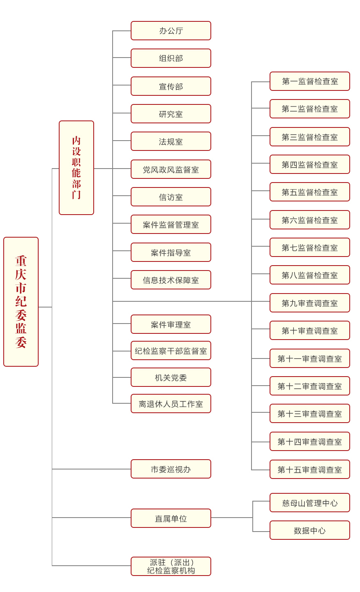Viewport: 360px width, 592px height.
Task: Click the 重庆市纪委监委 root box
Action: tap(21, 302)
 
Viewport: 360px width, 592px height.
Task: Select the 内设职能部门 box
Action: tap(76, 168)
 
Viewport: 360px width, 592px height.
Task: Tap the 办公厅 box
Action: tap(171, 31)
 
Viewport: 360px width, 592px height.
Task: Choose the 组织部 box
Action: tap(171, 58)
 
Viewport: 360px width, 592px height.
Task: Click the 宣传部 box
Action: tap(171, 86)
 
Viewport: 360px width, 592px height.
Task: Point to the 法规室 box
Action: tap(171, 141)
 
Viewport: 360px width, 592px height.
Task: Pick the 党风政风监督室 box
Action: tap(171, 169)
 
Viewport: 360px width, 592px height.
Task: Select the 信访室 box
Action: tap(171, 197)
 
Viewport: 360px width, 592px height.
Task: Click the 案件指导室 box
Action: tap(171, 252)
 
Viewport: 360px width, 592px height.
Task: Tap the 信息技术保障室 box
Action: tap(171, 280)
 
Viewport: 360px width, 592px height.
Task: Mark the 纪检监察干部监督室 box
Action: tap(171, 351)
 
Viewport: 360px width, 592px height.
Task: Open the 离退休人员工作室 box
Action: tap(171, 404)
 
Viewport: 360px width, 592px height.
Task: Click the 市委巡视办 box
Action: tap(171, 469)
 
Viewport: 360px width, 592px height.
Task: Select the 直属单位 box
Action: tap(171, 518)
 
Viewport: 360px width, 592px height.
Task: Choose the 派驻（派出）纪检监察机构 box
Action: tap(171, 567)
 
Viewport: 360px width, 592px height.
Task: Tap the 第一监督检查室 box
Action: tap(310, 81)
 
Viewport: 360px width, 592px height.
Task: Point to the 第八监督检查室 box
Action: tap(310, 275)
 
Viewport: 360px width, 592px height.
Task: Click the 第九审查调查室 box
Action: tap(310, 303)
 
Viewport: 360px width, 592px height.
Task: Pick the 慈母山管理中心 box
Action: tap(310, 503)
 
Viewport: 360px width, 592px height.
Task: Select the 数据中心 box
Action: tap(310, 530)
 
